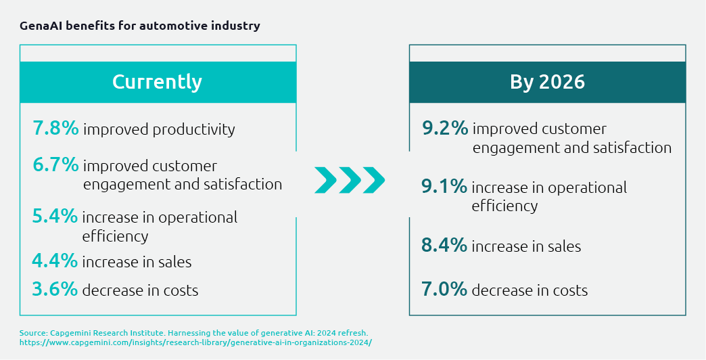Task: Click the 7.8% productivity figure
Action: coord(55,129)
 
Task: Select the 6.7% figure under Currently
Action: coord(55,165)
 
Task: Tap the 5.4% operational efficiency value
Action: coord(55,217)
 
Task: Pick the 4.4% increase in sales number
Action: coord(55,261)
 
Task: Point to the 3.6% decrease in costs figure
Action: coord(55,290)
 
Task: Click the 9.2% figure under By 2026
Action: coord(444,129)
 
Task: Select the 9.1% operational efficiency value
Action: coord(444,187)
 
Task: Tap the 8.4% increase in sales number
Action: coord(444,246)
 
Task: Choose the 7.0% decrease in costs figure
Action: coord(444,290)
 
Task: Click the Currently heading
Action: coord(157,82)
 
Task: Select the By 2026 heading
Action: coord(547,82)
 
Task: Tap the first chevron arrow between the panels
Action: coord(325,179)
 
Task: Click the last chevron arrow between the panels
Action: coord(374,179)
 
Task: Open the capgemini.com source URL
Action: coord(195,342)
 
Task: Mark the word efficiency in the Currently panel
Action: coord(115,236)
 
